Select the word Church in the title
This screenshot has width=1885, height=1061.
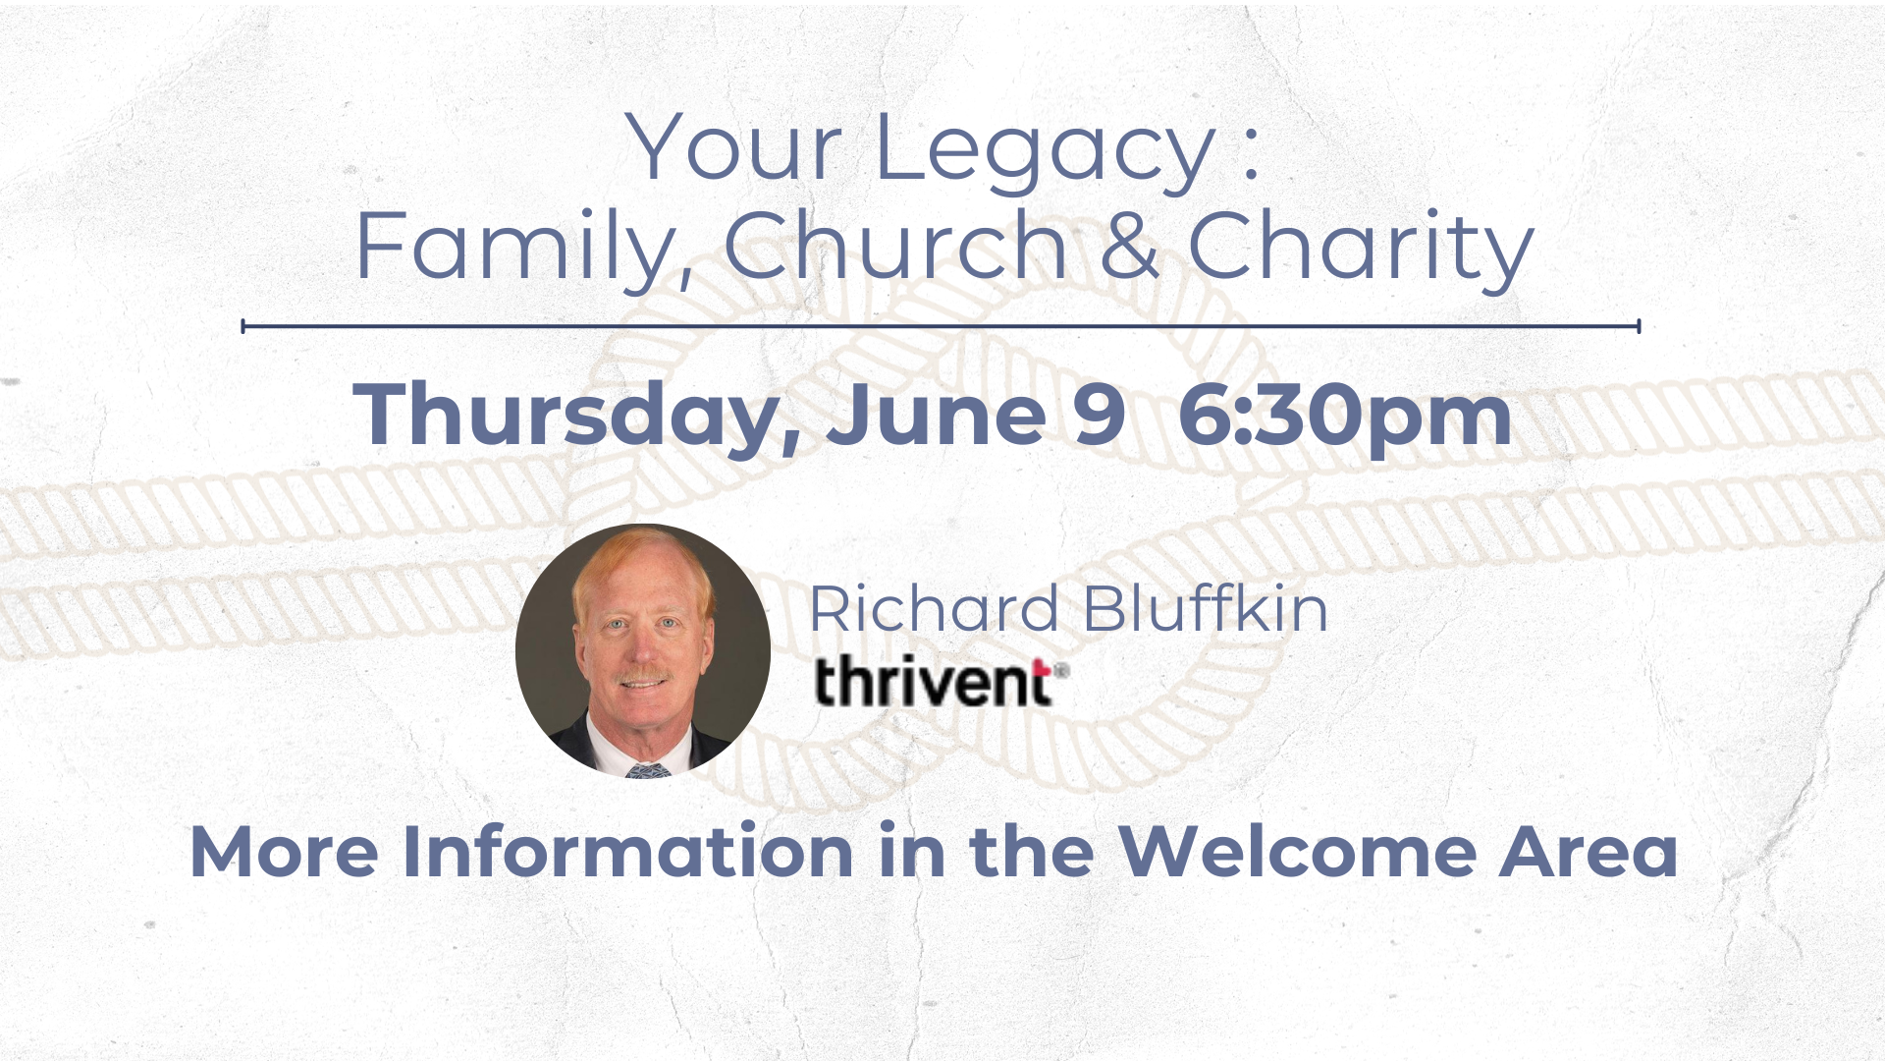(x=895, y=245)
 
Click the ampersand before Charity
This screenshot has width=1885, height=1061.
(x=1129, y=246)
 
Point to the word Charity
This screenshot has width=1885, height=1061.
(x=1361, y=250)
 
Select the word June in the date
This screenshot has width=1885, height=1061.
(x=937, y=414)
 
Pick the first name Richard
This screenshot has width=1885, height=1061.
(x=934, y=608)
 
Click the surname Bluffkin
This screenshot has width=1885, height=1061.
(x=1206, y=608)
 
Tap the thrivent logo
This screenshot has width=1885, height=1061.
(x=942, y=682)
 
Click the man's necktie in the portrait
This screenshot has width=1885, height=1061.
(x=648, y=769)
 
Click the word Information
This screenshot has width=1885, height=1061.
(x=628, y=852)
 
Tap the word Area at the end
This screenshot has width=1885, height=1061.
(x=1589, y=852)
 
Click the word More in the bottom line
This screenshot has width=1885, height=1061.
(x=285, y=852)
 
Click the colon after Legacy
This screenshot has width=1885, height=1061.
(x=1251, y=160)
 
